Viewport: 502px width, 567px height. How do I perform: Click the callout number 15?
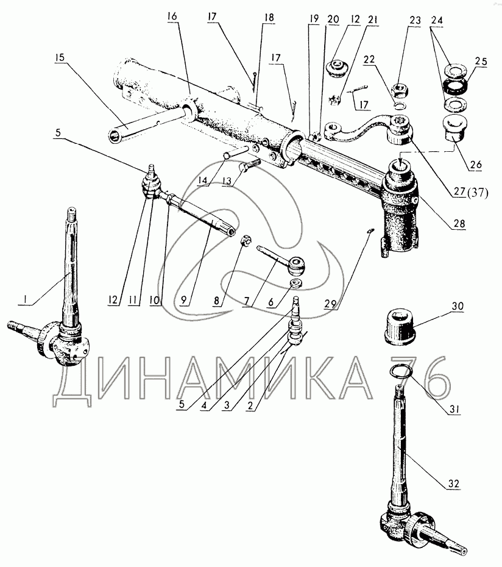60,57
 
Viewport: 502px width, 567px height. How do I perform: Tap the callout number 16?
172,16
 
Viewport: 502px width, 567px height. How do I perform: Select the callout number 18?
269,18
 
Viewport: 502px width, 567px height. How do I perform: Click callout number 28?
459,223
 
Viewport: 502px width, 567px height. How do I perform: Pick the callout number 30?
458,306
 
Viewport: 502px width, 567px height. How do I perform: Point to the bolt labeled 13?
249,166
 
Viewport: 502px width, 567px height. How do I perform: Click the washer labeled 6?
296,283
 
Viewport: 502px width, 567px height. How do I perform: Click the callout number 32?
454,483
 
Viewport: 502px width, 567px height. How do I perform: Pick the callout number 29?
330,304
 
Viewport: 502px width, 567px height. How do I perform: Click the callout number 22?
369,59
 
